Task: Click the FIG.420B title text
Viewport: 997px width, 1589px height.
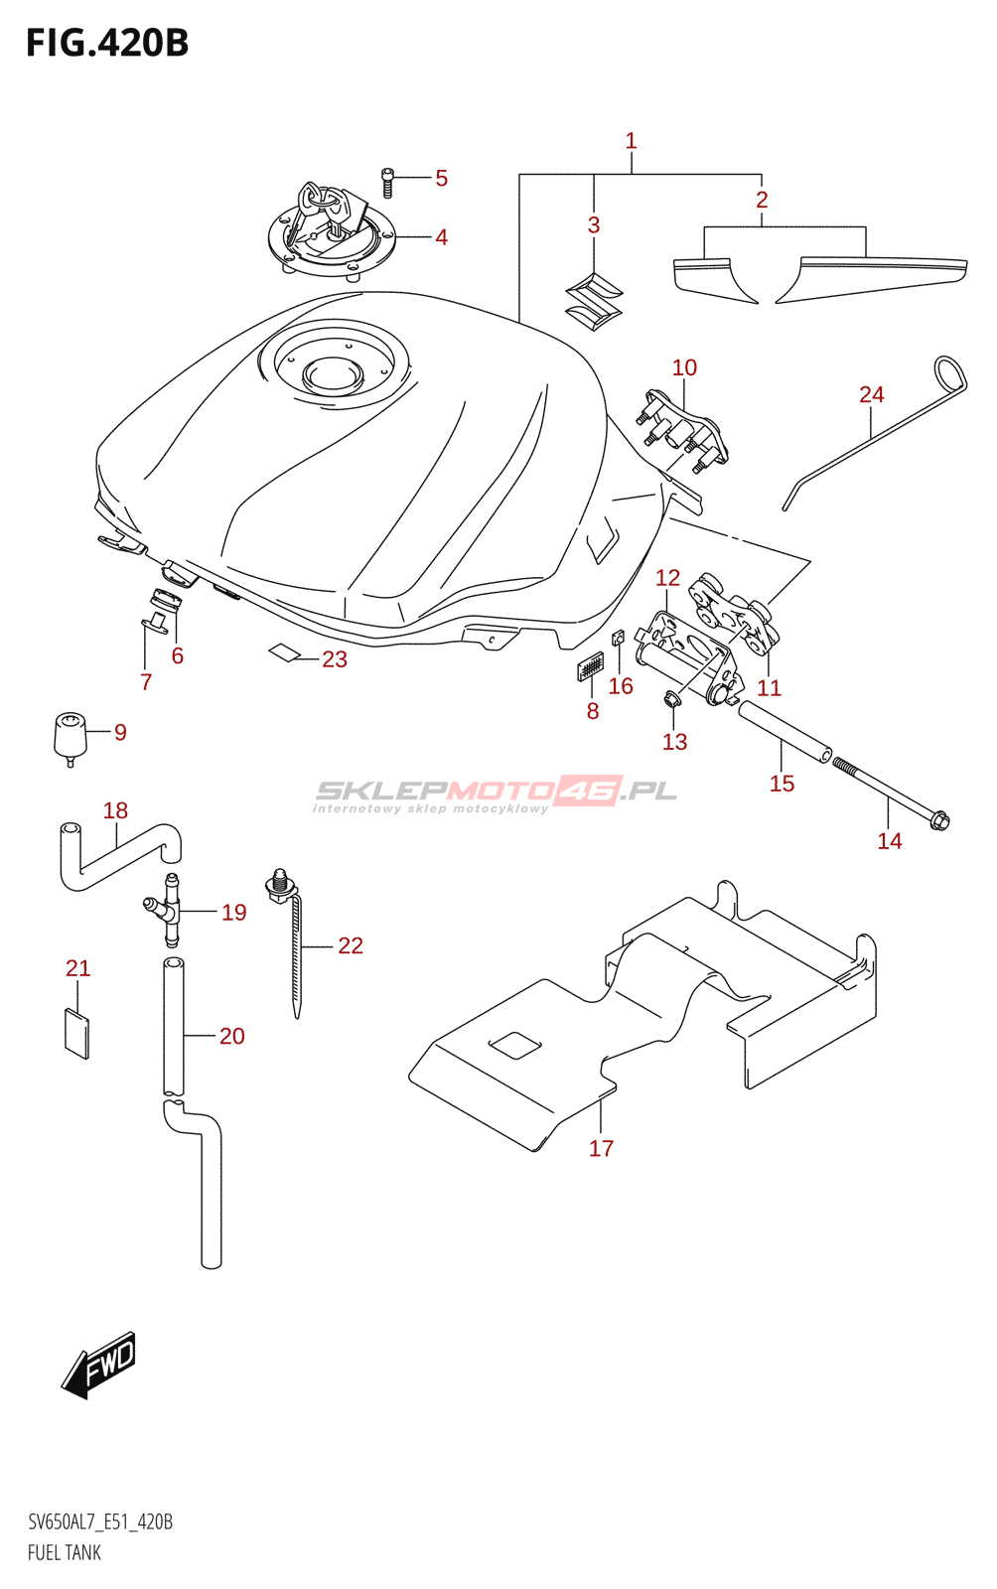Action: (x=107, y=44)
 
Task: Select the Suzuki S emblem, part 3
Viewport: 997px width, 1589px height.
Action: (x=593, y=301)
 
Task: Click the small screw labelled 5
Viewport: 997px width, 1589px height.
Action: (x=388, y=183)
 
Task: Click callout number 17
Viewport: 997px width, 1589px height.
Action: (x=601, y=1149)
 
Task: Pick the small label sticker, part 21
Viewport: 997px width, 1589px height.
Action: (x=76, y=1034)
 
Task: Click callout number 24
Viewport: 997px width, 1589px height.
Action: (x=871, y=395)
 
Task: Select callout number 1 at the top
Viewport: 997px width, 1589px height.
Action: (x=631, y=141)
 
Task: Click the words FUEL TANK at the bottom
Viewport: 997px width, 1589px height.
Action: (x=65, y=1553)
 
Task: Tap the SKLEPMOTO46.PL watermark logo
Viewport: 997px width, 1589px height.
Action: (x=496, y=793)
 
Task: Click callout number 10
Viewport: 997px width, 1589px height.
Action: (x=684, y=367)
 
